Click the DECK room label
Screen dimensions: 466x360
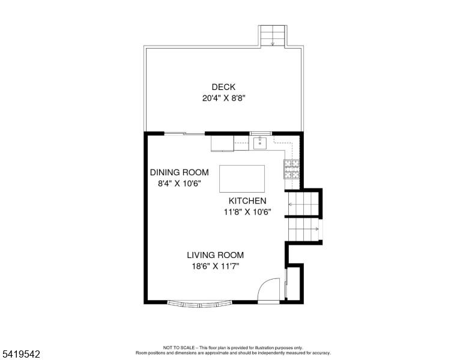point(223,87)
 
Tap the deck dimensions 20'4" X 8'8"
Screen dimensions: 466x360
point(224,98)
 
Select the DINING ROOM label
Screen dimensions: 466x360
point(179,172)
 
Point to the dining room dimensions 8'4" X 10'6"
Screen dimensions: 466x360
point(179,184)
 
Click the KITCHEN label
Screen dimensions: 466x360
point(247,201)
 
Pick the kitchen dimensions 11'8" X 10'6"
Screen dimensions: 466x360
point(247,212)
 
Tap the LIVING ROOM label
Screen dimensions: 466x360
point(215,255)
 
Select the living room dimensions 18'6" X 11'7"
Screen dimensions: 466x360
point(216,266)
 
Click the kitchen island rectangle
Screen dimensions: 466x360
point(242,179)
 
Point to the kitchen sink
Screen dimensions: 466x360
point(260,143)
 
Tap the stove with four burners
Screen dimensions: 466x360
point(291,169)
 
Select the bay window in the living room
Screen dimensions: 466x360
point(200,304)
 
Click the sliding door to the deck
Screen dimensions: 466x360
point(184,134)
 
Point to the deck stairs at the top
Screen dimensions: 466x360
point(273,36)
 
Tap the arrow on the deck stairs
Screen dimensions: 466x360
point(273,44)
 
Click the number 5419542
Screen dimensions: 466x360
point(21,354)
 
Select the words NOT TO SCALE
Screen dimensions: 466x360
point(179,347)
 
